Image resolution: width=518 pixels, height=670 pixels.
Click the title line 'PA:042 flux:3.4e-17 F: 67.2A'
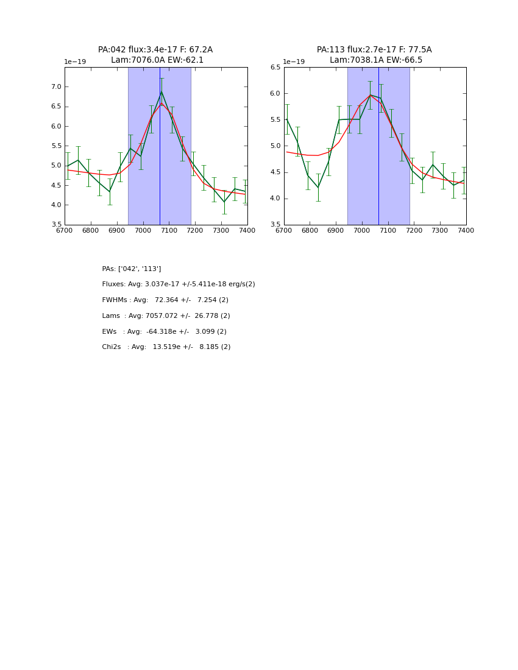pyautogui.click(x=155, y=50)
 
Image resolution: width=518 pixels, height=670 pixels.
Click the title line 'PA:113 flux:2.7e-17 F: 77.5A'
pyautogui.click(x=374, y=50)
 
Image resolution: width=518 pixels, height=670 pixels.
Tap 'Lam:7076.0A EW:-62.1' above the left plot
pyautogui.click(x=157, y=60)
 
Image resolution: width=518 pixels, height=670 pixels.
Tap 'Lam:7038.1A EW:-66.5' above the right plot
pyautogui.click(x=376, y=60)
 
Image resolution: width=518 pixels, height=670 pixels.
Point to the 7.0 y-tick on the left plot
pyautogui.click(x=56, y=87)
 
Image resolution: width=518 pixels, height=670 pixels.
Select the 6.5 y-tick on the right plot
pyautogui.click(x=275, y=68)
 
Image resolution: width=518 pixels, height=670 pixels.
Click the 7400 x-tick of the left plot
pyautogui.click(x=247, y=231)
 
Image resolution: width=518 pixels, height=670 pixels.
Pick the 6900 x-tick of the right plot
pyautogui.click(x=336, y=231)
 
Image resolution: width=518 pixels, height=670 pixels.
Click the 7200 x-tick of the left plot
pyautogui.click(x=195, y=231)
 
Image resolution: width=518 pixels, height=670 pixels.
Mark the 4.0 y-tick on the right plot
pyautogui.click(x=275, y=199)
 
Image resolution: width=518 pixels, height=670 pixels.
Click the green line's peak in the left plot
pyautogui.click(x=161, y=92)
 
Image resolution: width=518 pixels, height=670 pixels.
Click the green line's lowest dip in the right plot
pyautogui.click(x=318, y=187)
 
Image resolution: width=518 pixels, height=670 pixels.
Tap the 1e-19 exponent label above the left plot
pyautogui.click(x=75, y=62)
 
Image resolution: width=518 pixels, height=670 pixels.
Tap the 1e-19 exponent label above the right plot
pyautogui.click(x=294, y=62)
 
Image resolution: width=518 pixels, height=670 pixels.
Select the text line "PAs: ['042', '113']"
pyautogui.click(x=132, y=269)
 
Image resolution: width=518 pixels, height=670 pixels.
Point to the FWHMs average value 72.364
pyautogui.click(x=168, y=300)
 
